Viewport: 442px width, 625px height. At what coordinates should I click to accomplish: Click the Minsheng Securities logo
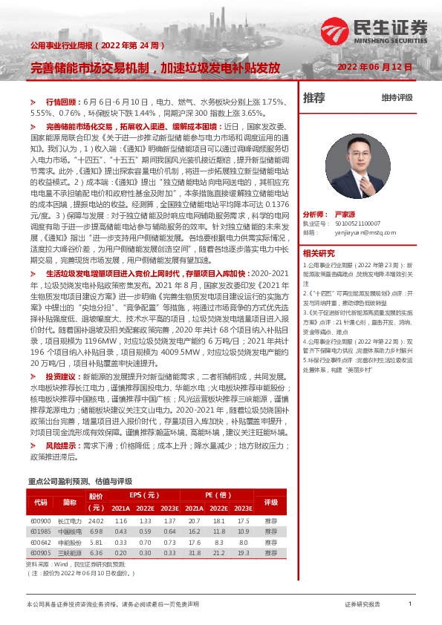(374, 32)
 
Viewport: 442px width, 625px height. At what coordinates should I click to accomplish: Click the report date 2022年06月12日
(374, 67)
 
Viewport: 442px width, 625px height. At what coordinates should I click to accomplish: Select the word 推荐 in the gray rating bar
(314, 97)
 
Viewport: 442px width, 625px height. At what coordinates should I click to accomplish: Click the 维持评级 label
(396, 97)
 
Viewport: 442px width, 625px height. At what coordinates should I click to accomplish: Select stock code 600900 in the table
(40, 522)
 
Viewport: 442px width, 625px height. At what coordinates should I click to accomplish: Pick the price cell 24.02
(96, 522)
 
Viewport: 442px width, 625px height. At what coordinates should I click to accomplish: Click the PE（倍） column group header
(218, 494)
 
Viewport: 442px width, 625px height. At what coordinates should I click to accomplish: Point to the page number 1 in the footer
(410, 604)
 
